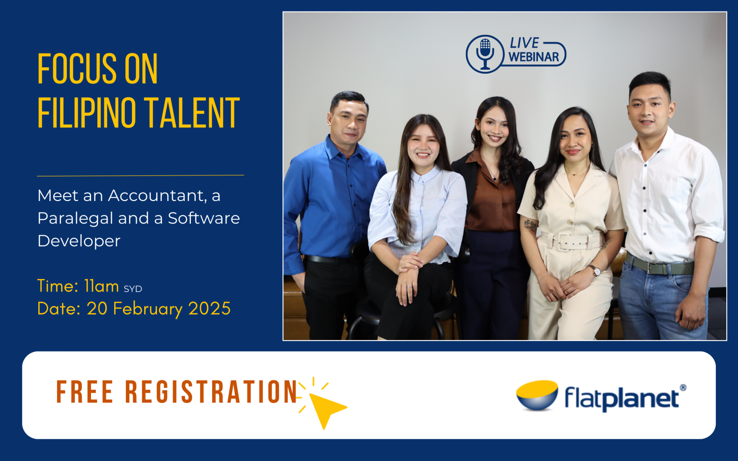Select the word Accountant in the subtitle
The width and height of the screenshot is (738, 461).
pyautogui.click(x=157, y=196)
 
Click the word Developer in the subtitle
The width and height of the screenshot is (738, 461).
pyautogui.click(x=79, y=241)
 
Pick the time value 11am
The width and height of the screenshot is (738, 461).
pyautogui.click(x=101, y=286)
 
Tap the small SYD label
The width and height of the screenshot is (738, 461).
pyautogui.click(x=133, y=289)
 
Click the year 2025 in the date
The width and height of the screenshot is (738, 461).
pyautogui.click(x=209, y=309)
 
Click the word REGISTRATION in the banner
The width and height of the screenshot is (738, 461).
pyautogui.click(x=211, y=392)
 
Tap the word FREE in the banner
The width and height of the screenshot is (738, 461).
pyautogui.click(x=85, y=392)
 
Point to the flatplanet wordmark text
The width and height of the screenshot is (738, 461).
pyautogui.click(x=622, y=398)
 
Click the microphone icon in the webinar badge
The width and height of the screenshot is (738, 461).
pyautogui.click(x=485, y=54)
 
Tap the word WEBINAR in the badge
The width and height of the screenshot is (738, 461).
pyautogui.click(x=534, y=58)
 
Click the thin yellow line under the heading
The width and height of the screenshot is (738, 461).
pyautogui.click(x=140, y=175)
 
